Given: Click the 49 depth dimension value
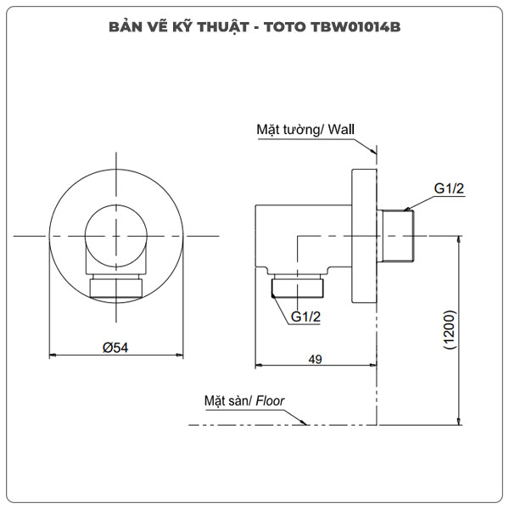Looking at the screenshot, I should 316,360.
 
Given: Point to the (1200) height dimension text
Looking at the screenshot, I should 449,331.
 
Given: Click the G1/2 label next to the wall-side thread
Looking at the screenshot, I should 449,189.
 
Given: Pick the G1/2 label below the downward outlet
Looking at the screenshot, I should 305,316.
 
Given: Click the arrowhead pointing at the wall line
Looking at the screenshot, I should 374,150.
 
